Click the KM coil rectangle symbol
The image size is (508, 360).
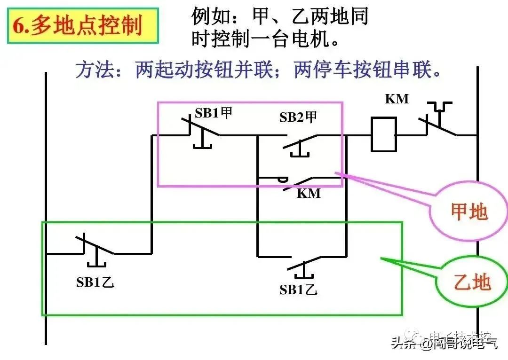pyautogui.click(x=383, y=135)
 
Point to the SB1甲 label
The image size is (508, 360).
pyautogui.click(x=214, y=113)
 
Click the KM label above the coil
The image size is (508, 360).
pyautogui.click(x=397, y=99)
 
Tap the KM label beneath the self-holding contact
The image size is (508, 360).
pyautogui.click(x=309, y=193)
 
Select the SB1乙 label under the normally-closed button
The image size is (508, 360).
pyautogui.click(x=95, y=282)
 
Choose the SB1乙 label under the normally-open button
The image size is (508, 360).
pyautogui.click(x=298, y=290)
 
